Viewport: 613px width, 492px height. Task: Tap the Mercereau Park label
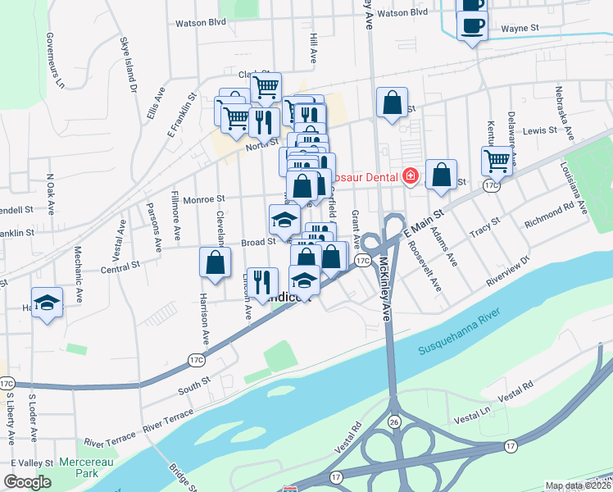tap(85, 468)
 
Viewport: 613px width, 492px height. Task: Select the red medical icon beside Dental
tap(410, 176)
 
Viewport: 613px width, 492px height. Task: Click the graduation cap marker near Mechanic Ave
tap(47, 302)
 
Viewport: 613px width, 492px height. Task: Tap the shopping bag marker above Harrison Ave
tap(215, 263)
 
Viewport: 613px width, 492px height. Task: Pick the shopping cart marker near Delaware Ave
tap(497, 160)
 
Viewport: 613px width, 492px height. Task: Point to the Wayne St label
tap(519, 28)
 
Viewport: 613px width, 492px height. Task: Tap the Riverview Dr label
tap(507, 270)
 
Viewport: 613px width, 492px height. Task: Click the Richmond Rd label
tap(549, 215)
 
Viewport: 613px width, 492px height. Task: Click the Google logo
tap(27, 482)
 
